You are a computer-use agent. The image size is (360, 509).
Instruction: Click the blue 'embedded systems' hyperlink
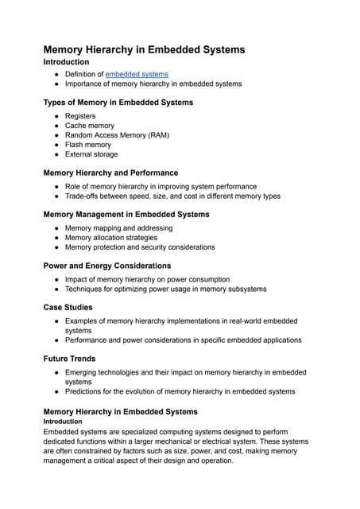(137, 74)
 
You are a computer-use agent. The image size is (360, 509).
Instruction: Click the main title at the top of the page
(144, 49)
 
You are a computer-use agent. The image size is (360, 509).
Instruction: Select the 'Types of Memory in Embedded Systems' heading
(118, 103)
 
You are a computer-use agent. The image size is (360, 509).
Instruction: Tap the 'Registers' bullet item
(80, 116)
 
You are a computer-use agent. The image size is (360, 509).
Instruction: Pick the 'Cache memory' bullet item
(90, 126)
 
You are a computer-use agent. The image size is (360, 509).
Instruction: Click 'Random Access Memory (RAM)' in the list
(117, 135)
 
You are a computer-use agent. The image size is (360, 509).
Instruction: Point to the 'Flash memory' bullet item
(88, 145)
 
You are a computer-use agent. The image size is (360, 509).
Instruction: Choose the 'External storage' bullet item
(91, 154)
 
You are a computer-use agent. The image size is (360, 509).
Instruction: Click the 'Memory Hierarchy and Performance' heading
(110, 173)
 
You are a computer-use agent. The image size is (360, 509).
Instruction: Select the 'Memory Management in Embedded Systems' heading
(126, 215)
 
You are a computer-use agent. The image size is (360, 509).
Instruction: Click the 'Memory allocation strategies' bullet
(111, 238)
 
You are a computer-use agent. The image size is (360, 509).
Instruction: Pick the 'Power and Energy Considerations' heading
(107, 266)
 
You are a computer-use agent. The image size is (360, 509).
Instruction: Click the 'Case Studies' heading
(68, 307)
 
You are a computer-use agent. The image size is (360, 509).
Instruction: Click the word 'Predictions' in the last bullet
(85, 391)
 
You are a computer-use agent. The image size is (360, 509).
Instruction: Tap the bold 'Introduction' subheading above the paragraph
(63, 422)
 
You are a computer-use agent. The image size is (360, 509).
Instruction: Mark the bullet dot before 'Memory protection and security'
(56, 247)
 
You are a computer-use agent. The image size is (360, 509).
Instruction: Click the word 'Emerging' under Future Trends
(83, 372)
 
